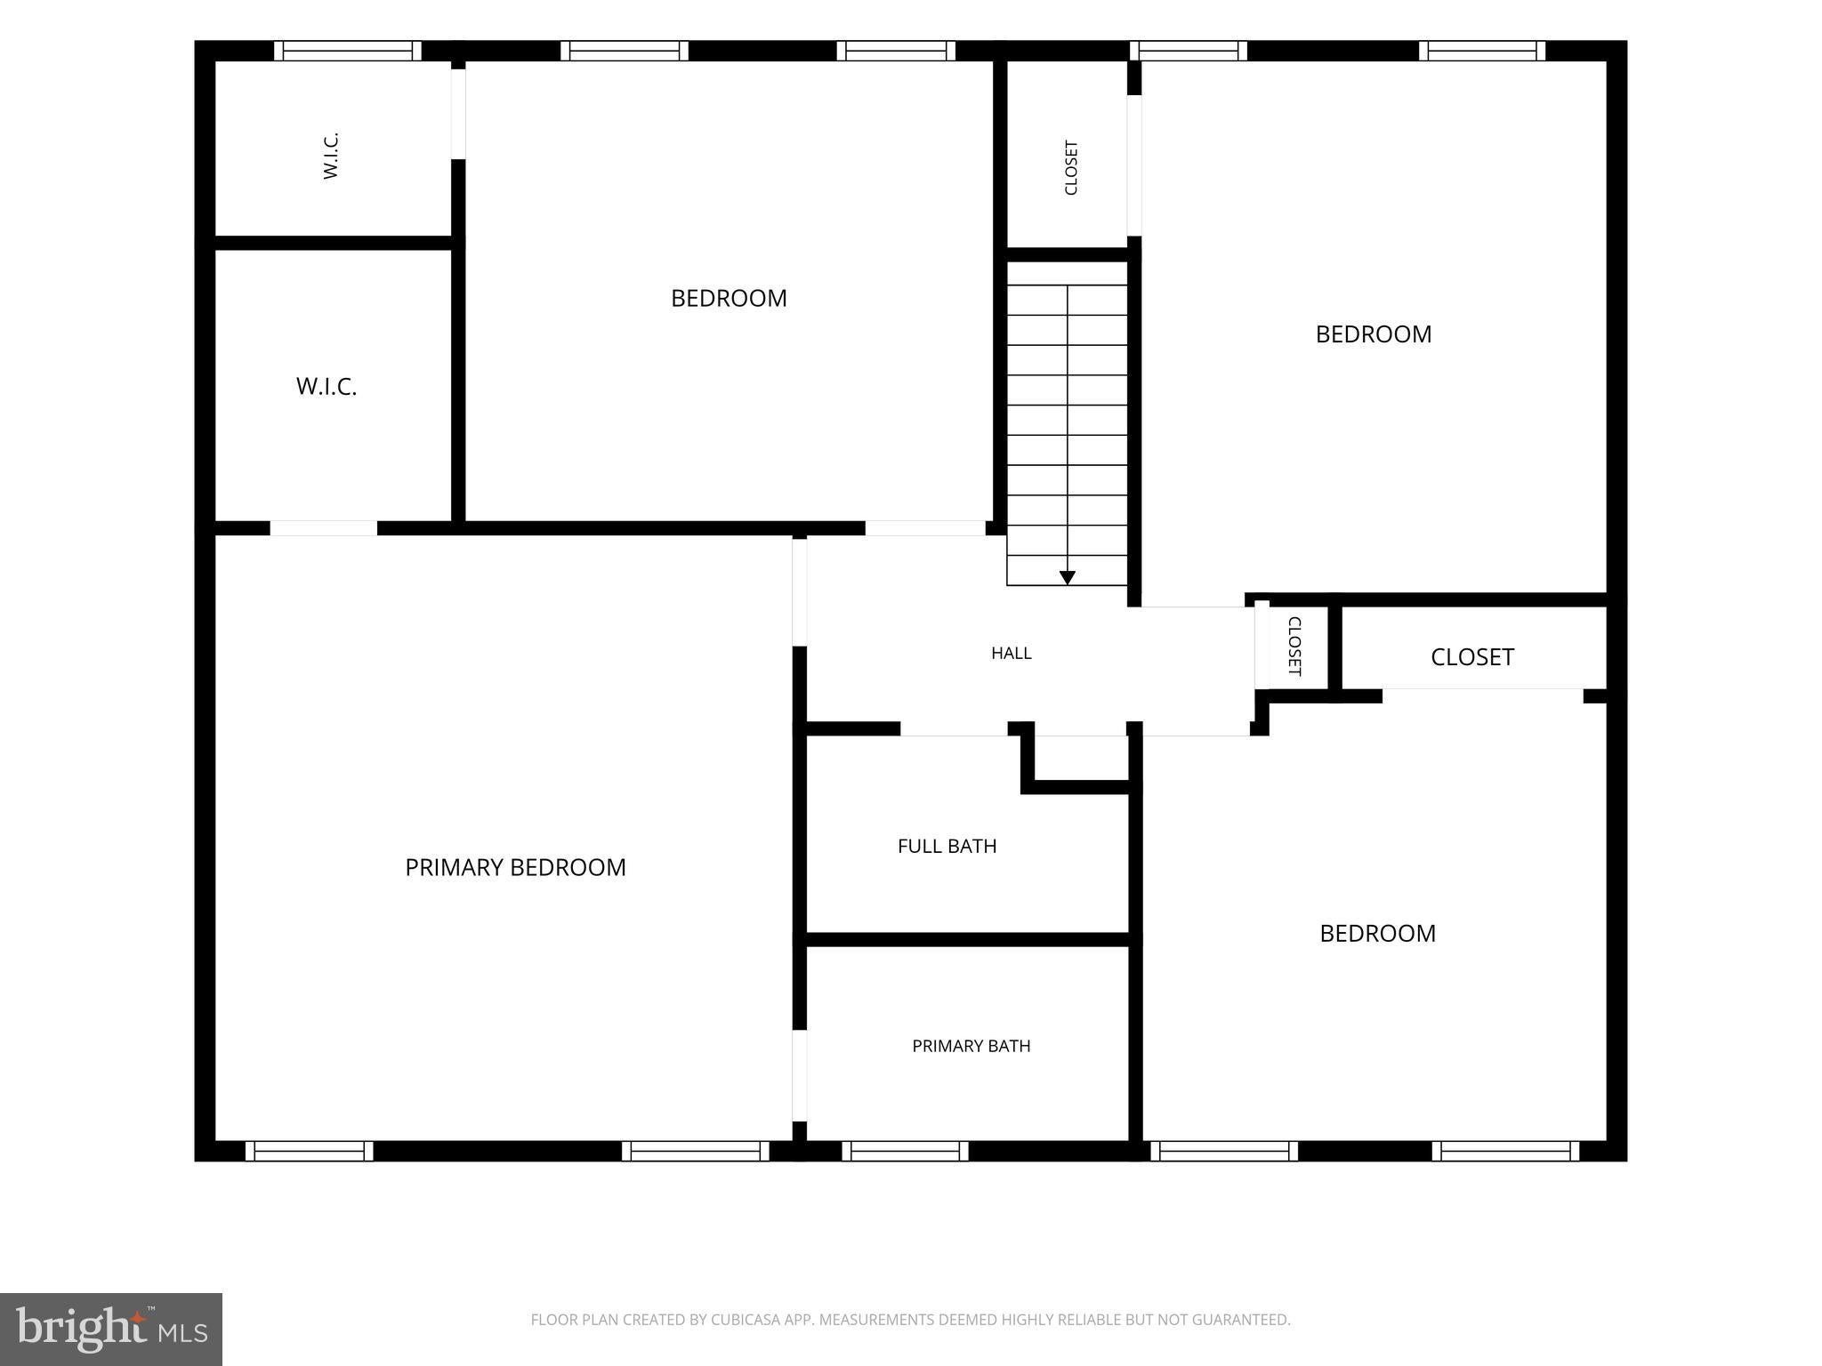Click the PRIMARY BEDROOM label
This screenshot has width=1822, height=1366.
[x=515, y=867]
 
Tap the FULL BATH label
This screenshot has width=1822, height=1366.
[x=947, y=846]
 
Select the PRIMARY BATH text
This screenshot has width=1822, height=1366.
[x=971, y=1046]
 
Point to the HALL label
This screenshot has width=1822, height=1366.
[x=1012, y=653]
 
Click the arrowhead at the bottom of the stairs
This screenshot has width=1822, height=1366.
[x=1068, y=578]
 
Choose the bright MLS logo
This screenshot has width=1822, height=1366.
[x=111, y=1330]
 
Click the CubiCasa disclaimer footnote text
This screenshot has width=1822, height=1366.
[x=910, y=1320]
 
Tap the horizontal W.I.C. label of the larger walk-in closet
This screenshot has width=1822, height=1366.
[x=327, y=387]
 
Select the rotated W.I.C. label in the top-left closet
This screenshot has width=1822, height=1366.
[x=331, y=156]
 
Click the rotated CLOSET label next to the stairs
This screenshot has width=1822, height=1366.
[x=1071, y=167]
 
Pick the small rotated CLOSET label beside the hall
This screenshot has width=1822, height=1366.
[x=1294, y=646]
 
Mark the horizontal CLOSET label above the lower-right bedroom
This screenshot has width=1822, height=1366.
[x=1472, y=656]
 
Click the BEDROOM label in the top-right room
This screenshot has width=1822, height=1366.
[x=1374, y=334]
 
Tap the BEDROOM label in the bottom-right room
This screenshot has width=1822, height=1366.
[x=1377, y=933]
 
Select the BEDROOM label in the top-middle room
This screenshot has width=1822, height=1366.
[x=729, y=298]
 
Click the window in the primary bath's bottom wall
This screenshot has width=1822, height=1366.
[x=905, y=1151]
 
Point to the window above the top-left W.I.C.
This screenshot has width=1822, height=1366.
[x=347, y=51]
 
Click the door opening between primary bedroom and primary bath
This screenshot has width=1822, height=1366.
[x=800, y=1076]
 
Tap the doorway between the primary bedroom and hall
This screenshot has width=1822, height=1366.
[x=800, y=592]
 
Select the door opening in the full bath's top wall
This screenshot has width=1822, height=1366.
[x=954, y=729]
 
